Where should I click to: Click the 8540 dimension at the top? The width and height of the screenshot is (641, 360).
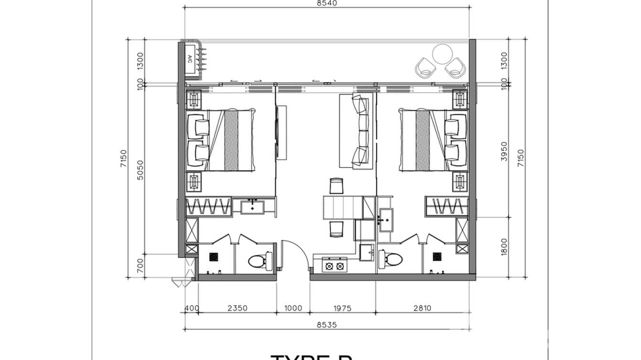(x=327, y=3)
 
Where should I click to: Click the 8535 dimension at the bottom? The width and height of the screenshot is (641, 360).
(x=327, y=324)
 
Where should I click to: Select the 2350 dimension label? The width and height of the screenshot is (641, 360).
(x=237, y=308)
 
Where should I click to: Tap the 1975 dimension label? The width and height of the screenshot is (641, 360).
(x=342, y=308)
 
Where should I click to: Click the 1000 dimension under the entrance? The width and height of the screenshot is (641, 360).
(x=293, y=308)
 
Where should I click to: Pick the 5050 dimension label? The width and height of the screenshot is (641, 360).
(x=140, y=170)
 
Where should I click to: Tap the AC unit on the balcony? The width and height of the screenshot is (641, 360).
(x=190, y=59)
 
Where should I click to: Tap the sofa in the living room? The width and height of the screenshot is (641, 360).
(x=355, y=131)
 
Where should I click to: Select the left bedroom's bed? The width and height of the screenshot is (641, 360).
(x=230, y=140)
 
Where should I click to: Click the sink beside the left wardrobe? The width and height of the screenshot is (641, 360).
(x=252, y=208)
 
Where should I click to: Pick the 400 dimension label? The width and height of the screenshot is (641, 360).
(x=192, y=308)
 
